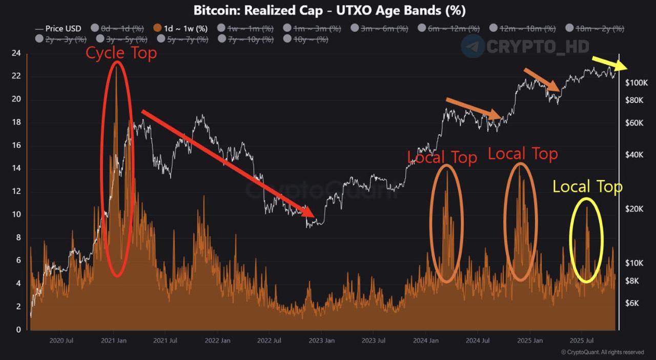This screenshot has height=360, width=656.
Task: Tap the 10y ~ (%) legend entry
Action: click(310, 39)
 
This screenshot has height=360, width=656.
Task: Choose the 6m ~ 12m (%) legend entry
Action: click(454, 29)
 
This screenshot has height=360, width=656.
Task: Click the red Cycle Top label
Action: click(121, 53)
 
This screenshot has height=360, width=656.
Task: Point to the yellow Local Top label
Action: click(587, 187)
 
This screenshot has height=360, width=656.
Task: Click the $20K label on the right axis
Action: click(635, 209)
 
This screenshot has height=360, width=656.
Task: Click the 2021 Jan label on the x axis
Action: click(114, 341)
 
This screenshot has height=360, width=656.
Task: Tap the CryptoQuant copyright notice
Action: click(603, 352)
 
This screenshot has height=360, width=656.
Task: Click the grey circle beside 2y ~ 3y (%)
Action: click(39, 39)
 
